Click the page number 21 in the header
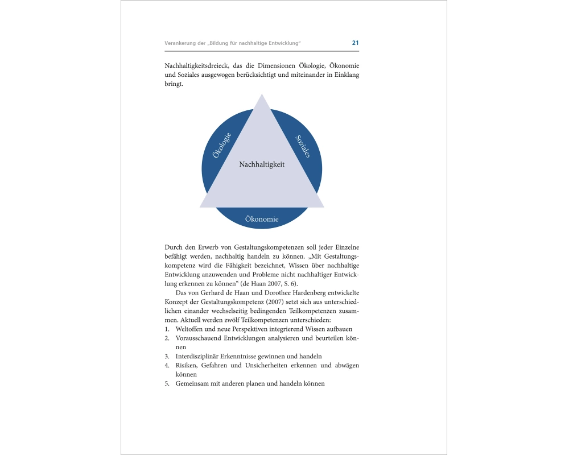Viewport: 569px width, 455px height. (355, 43)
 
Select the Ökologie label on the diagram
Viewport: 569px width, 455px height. (221, 145)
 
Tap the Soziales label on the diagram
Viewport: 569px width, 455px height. (303, 146)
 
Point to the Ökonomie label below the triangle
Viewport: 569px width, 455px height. (262, 219)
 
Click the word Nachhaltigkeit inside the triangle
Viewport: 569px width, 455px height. (262, 164)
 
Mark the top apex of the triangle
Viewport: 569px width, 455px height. (262, 96)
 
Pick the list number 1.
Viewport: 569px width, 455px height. (167, 329)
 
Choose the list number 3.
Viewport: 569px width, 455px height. (167, 356)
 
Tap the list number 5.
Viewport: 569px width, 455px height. (167, 383)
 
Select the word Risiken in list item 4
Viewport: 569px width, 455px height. (187, 365)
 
